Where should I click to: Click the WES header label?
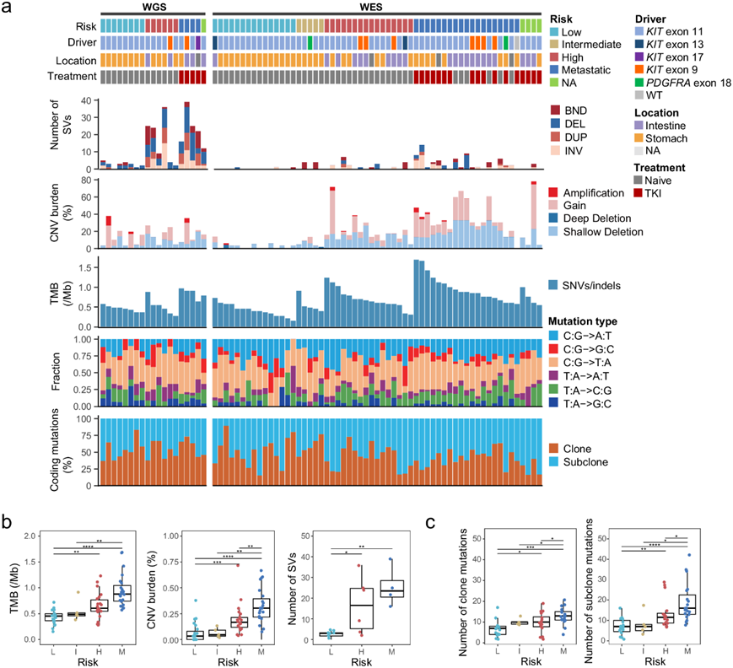(377, 7)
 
